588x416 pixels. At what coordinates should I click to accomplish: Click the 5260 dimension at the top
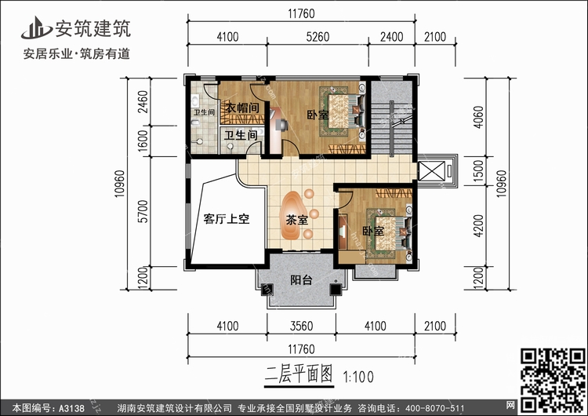[x=300, y=35]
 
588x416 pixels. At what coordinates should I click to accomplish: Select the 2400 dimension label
[x=392, y=35]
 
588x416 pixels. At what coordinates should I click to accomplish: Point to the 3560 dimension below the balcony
[x=300, y=326]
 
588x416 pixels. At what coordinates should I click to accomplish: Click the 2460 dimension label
[x=140, y=102]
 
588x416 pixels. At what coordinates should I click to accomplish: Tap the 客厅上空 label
[x=226, y=219]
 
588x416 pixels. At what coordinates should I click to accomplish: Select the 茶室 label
[x=296, y=221]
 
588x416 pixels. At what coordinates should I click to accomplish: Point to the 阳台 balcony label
[x=300, y=279]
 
